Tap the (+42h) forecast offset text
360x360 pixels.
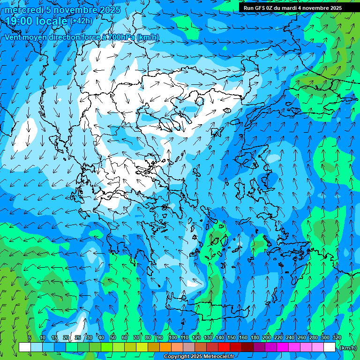pos(81,21)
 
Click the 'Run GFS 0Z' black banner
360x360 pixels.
pos(292,8)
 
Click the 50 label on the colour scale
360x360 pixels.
pos(113,337)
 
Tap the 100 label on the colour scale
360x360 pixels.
pos(173,337)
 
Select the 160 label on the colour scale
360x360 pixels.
pos(243,337)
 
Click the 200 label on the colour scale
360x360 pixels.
pos(267,337)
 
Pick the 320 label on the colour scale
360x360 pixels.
pos(337,337)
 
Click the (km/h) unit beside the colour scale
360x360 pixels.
pos(347,348)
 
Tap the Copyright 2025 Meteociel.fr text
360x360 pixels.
pos(199,357)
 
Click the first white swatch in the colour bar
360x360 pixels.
pos(25,347)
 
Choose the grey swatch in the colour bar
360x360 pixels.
pos(189,347)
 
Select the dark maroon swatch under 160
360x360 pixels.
pos(247,347)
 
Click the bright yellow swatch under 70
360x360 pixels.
pos(142,347)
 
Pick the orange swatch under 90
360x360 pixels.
pos(165,347)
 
